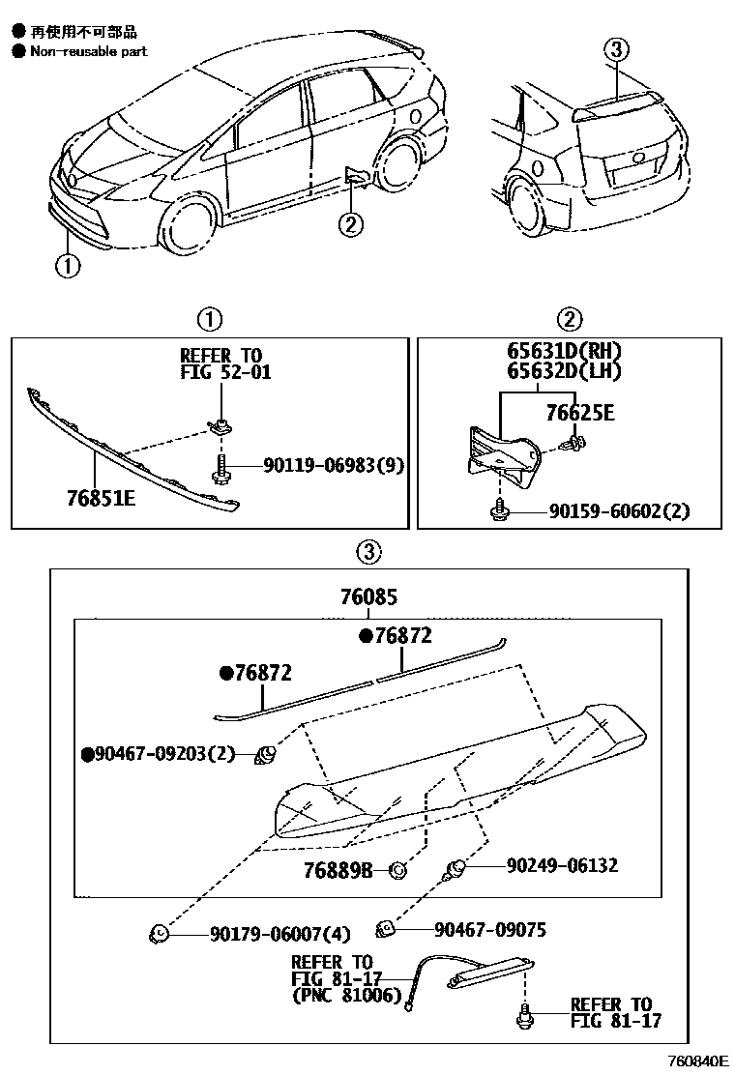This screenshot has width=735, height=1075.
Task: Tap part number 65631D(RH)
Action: (565, 352)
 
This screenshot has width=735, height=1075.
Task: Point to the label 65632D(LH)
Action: (565, 371)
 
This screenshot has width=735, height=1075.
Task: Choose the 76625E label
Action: (580, 415)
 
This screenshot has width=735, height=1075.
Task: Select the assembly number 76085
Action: (369, 598)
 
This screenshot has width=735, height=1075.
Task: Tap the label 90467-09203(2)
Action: (159, 753)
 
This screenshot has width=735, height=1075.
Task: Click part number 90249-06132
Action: (562, 865)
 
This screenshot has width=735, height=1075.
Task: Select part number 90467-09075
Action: (490, 929)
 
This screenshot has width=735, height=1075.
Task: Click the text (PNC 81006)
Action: (345, 995)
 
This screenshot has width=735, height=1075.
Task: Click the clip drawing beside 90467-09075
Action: (386, 930)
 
